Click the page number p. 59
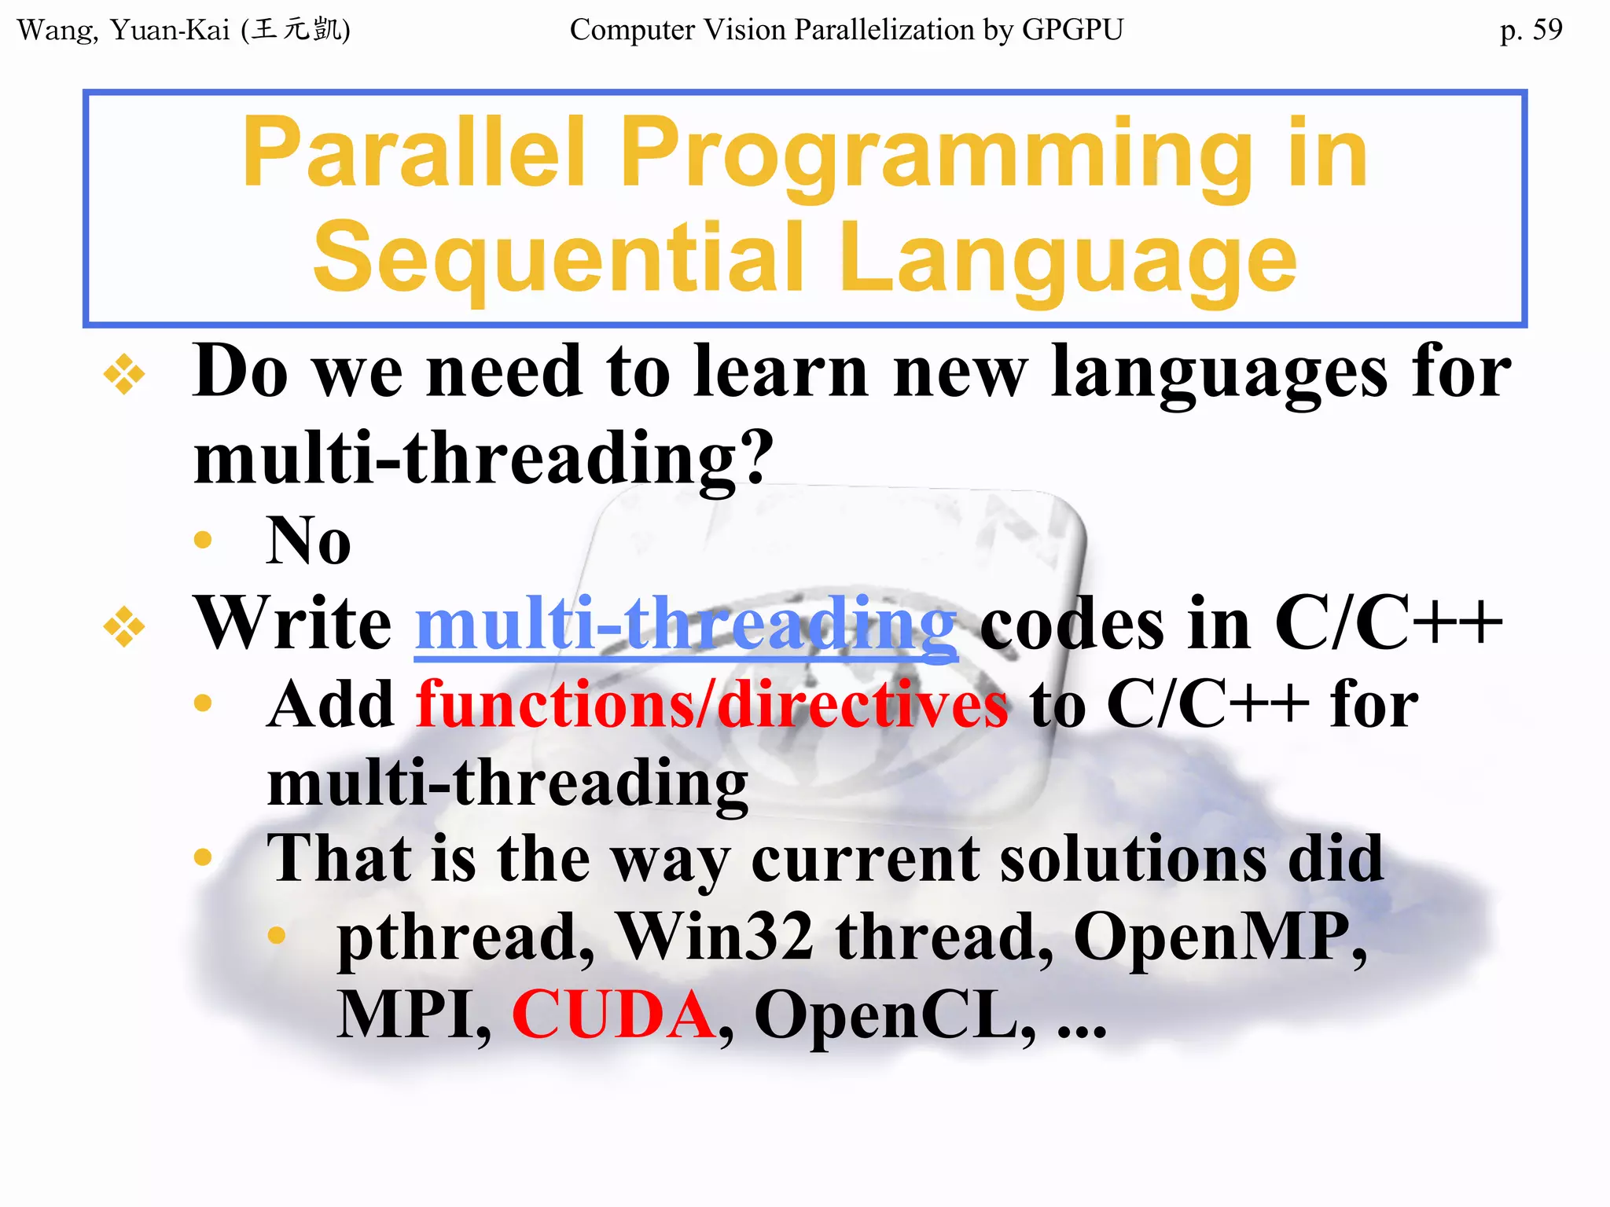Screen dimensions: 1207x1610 (1530, 31)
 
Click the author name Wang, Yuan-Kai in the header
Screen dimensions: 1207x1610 (123, 31)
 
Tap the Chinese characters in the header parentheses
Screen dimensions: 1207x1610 (296, 31)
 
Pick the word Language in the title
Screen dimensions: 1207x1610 (1068, 259)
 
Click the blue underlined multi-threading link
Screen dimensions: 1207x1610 (686, 624)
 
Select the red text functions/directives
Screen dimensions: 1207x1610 (711, 705)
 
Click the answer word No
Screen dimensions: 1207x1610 (308, 541)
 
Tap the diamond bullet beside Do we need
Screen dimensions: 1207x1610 (124, 374)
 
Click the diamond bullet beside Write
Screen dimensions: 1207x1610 (124, 626)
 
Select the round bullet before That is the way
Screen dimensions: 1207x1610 (203, 857)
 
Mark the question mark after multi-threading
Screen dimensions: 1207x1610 (757, 457)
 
